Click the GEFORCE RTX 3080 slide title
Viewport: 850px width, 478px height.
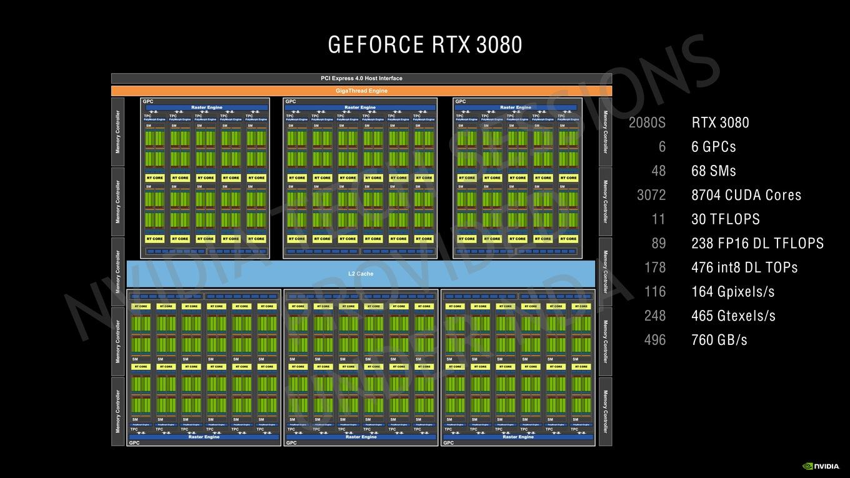point(425,45)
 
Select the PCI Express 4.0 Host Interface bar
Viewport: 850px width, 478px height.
point(361,78)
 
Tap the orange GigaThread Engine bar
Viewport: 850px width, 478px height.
point(361,91)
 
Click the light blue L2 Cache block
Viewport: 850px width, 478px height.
point(361,274)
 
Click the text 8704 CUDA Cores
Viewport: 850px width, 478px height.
point(746,195)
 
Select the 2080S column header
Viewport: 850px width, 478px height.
point(647,122)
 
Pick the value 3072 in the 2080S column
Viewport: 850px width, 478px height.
point(651,195)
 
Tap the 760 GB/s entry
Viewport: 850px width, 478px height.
point(719,340)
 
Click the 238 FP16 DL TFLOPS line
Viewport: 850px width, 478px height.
point(757,243)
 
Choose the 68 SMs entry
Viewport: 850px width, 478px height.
point(714,171)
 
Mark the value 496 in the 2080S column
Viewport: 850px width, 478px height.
point(655,340)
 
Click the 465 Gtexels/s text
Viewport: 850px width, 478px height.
point(733,316)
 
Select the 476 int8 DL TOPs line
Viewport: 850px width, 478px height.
point(744,267)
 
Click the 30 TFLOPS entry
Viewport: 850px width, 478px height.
point(726,219)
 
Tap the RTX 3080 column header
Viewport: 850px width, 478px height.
point(720,122)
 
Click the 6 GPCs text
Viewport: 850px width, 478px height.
point(714,147)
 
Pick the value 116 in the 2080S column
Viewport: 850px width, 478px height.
point(655,292)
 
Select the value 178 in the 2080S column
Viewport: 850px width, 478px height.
point(655,267)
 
